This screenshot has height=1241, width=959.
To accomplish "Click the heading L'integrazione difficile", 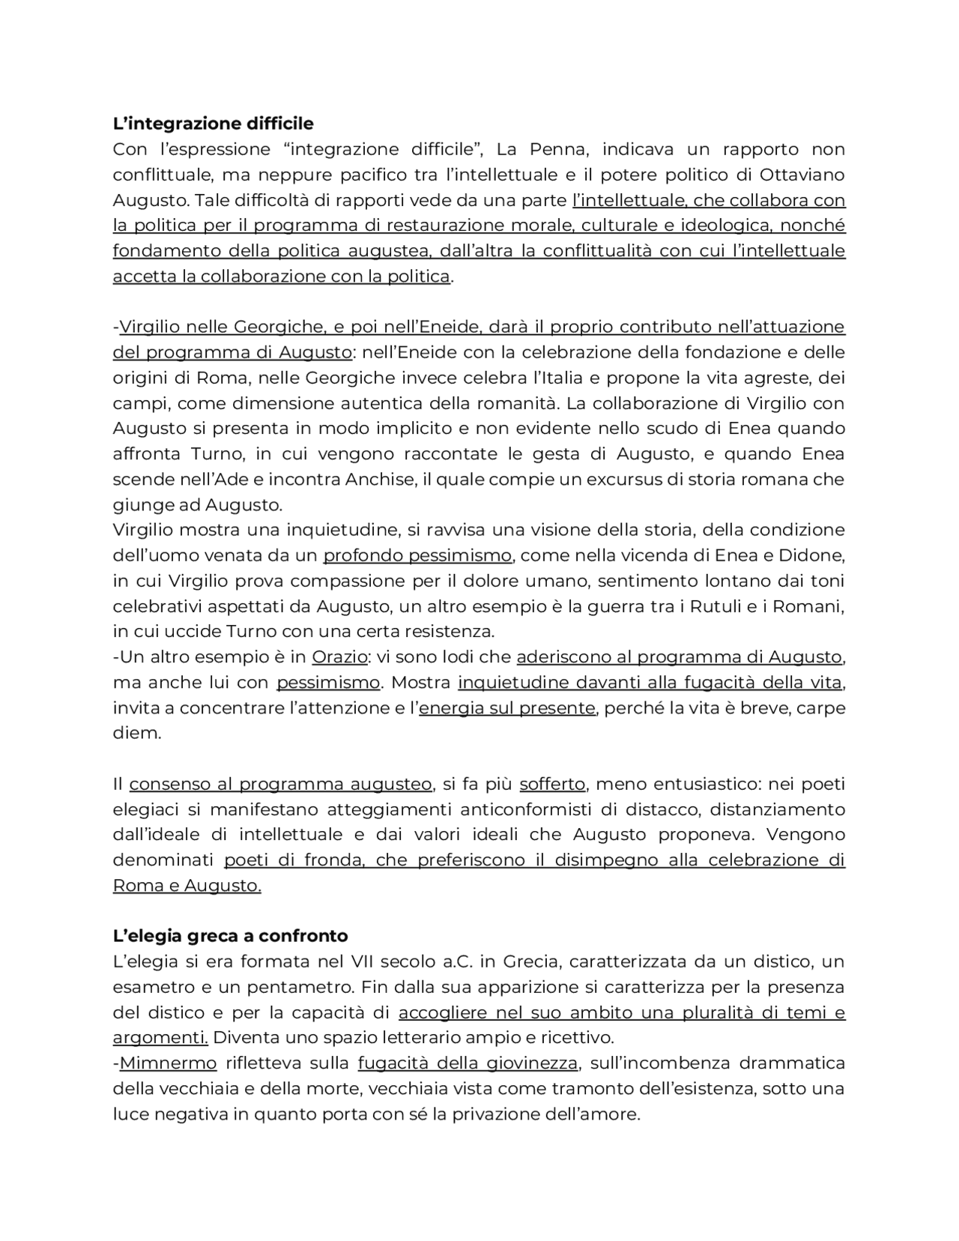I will coord(213,123).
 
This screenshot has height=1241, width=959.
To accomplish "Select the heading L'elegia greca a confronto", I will coord(230,936).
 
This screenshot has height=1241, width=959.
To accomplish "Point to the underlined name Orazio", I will coord(339,657).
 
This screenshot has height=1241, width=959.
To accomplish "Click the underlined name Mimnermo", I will coord(168,1063).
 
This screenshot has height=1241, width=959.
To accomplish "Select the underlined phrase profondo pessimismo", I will coord(417,555).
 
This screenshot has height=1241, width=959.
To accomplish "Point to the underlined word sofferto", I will coord(552,784).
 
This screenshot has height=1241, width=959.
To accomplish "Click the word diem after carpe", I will coord(136,734).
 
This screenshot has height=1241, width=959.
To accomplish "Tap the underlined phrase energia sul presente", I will coord(506,708).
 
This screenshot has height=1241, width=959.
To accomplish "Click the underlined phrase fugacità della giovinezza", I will coord(468,1063).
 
